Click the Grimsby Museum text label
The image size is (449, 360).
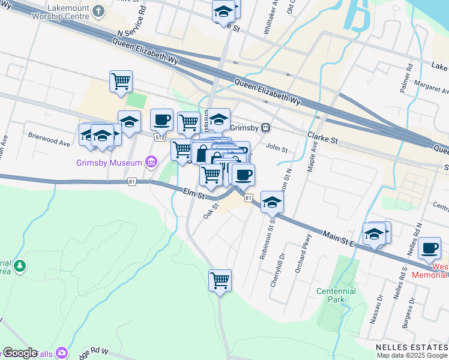click(109, 163)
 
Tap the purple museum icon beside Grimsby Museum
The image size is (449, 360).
click(150, 162)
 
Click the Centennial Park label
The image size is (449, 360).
click(336, 295)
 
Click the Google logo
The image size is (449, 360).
click(20, 353)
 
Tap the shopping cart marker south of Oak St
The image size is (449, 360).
click(220, 280)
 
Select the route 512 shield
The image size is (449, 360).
click(159, 137)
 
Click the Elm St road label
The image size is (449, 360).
click(193, 193)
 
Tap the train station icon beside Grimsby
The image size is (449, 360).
click(265, 128)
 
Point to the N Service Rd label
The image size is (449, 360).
click(133, 24)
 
